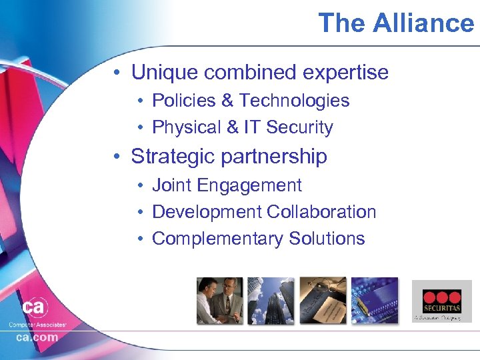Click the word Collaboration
pyautogui.click(x=321, y=212)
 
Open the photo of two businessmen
pyautogui.click(x=219, y=301)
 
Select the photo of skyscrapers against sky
pyautogui.click(x=271, y=301)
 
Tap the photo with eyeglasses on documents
pyautogui.click(x=323, y=301)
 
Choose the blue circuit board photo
pyautogui.click(x=375, y=301)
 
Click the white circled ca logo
pyautogui.click(x=33, y=308)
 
